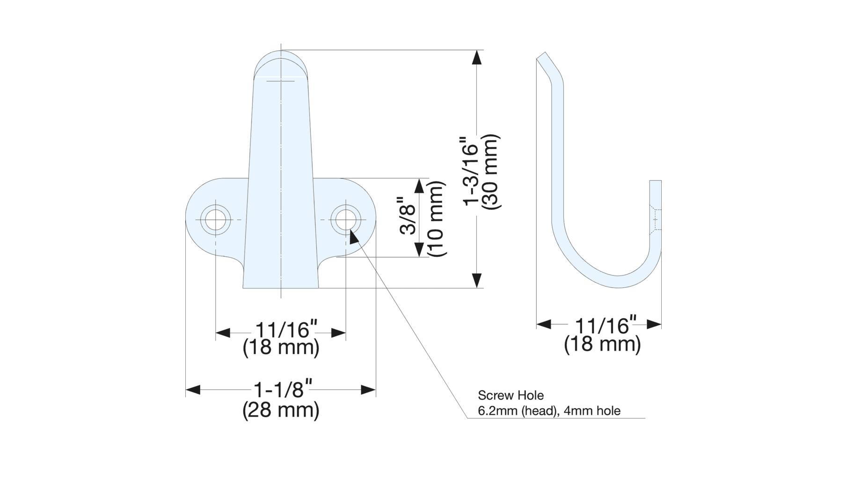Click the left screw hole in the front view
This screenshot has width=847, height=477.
(x=216, y=219)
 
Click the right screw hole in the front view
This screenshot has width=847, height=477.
(x=346, y=219)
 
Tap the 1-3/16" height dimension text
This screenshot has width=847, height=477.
(x=472, y=171)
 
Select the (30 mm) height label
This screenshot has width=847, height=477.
(x=491, y=171)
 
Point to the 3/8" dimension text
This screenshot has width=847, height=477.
(x=409, y=219)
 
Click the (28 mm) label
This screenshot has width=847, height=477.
(x=281, y=410)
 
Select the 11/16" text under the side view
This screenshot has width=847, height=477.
(x=606, y=325)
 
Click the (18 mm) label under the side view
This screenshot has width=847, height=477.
(x=602, y=344)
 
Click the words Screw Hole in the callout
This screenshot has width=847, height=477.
(x=511, y=395)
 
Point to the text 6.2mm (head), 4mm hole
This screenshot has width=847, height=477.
(x=549, y=411)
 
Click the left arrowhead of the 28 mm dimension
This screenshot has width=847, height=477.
(x=193, y=389)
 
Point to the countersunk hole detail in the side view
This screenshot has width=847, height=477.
(x=655, y=219)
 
